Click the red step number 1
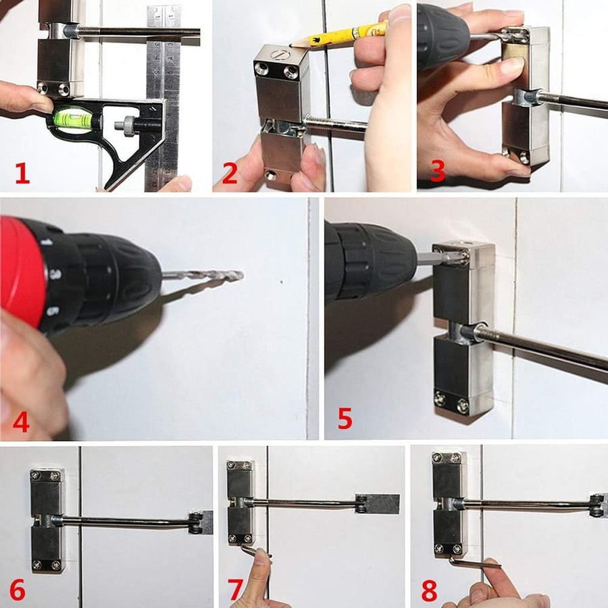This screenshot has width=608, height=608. pos(22,174)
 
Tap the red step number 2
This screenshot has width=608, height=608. pos(230,174)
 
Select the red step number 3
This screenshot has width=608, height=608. pos(438,170)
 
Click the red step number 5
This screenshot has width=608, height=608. pos(345,418)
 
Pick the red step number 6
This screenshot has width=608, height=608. pos(17,588)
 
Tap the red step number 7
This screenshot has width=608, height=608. pos(236,588)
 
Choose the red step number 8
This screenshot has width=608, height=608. pos(429,588)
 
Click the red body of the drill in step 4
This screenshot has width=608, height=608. pos(20,270)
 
